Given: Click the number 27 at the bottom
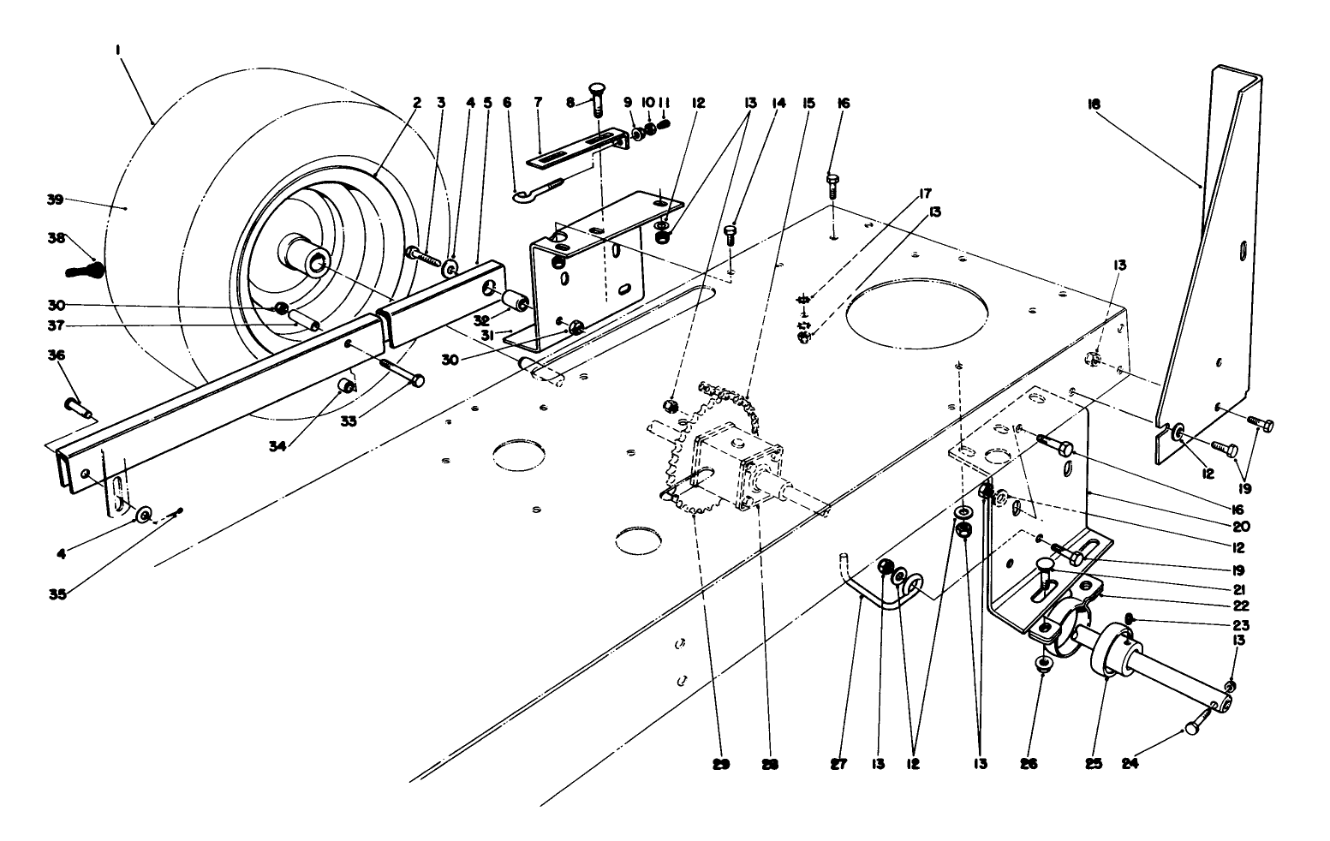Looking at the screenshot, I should pyautogui.click(x=838, y=763).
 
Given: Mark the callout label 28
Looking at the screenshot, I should pyautogui.click(x=769, y=763).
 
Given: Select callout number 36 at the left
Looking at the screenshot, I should pyautogui.click(x=56, y=355).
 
